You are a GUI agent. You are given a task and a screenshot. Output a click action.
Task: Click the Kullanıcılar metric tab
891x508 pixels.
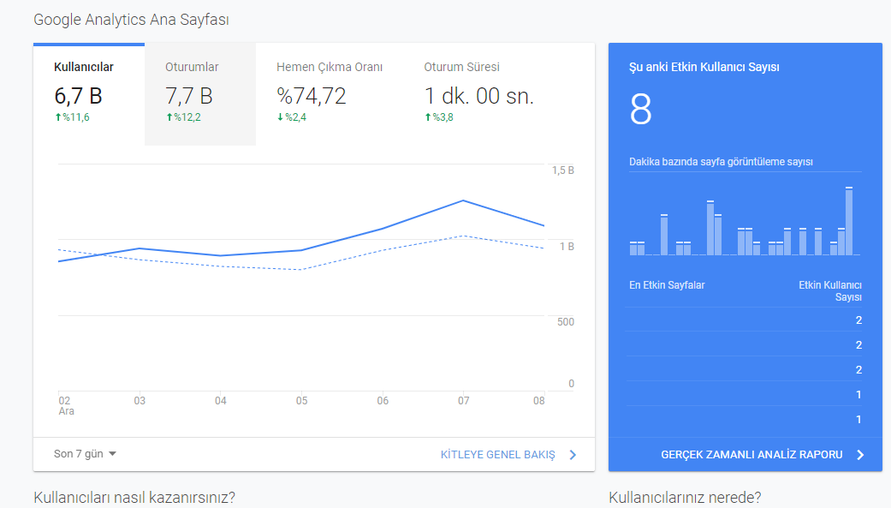pos(89,94)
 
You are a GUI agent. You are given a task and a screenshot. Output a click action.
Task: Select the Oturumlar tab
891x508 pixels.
pos(200,94)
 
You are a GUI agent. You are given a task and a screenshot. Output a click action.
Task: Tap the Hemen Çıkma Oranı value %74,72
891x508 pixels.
pos(312,96)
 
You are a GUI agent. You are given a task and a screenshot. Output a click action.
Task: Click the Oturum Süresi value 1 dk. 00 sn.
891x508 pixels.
pos(479,96)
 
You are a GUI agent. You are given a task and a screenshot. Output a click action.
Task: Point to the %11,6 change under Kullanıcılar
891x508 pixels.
pos(72,117)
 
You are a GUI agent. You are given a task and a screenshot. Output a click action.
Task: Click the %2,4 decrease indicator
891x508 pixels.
pos(292,117)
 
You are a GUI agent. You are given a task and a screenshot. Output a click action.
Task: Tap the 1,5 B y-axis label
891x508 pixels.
pos(563,170)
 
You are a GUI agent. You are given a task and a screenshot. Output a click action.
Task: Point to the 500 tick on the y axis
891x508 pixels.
pos(566,322)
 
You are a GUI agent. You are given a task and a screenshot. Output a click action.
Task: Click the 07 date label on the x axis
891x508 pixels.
pos(464,400)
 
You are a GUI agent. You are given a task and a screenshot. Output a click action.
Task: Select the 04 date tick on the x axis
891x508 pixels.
pos(221,400)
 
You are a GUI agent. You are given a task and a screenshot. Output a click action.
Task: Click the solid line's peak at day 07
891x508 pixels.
pos(464,200)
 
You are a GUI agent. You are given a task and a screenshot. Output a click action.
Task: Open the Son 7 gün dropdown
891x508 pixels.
pos(85,454)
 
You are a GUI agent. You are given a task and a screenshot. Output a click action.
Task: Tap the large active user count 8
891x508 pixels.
pos(640,109)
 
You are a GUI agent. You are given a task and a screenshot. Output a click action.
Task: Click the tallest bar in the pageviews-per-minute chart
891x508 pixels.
pos(849,221)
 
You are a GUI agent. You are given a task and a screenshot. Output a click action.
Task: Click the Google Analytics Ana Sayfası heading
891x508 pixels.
pos(131,20)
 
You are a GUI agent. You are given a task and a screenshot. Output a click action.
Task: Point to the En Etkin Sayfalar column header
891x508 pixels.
pos(667,285)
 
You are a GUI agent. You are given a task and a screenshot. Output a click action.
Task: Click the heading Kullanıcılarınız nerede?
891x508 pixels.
pos(685,497)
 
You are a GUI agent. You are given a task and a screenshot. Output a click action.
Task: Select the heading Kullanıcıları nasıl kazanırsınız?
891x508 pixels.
pos(134,497)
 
